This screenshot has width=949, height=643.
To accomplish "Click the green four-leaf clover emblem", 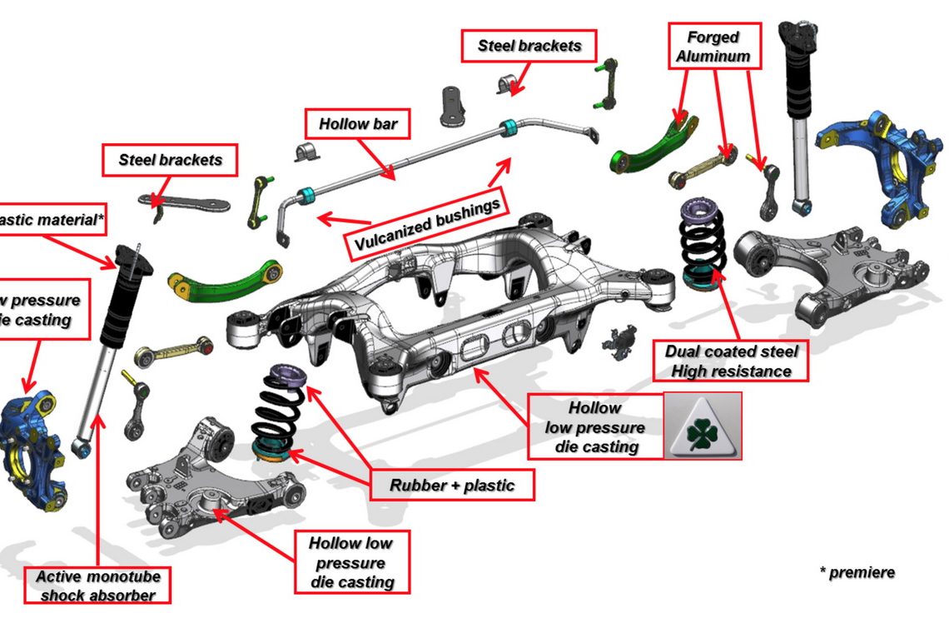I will click(x=702, y=427).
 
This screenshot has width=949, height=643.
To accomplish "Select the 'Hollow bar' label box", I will click(x=358, y=125).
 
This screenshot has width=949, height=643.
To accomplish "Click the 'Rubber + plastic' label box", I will click(x=451, y=485).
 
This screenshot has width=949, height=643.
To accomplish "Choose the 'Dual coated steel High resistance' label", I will click(x=731, y=361).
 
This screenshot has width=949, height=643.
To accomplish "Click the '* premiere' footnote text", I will click(x=857, y=572).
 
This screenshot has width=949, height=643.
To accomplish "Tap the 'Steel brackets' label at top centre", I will click(x=529, y=45).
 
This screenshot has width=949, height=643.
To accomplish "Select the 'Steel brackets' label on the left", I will click(x=170, y=159).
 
